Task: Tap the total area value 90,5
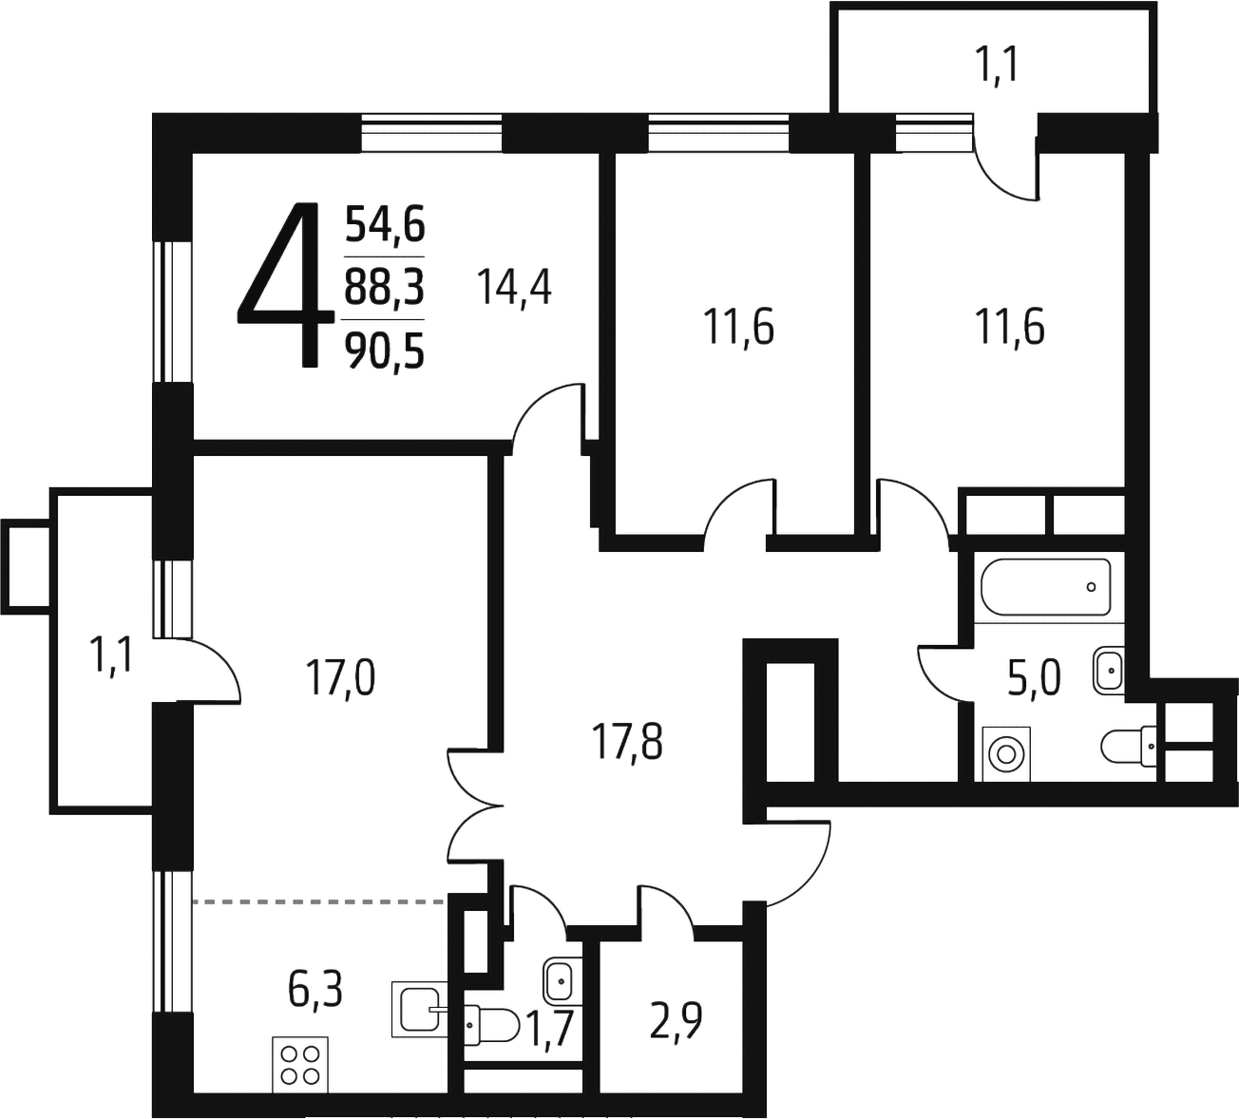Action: pos(384,351)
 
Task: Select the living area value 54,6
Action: pos(384,226)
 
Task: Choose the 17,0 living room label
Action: pos(339,679)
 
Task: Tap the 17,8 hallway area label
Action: pos(628,742)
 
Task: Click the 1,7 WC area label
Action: pos(550,1029)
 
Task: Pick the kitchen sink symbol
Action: pos(418,1009)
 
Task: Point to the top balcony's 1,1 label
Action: pos(998,67)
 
